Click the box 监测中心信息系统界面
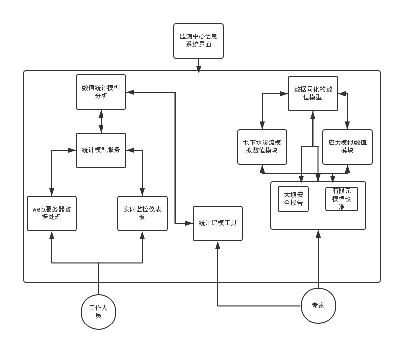(198, 41)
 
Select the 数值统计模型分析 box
(101, 92)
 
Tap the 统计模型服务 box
(101, 150)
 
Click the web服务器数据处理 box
(52, 214)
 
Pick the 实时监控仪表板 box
(142, 214)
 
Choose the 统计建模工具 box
(218, 223)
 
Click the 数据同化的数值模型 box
(313, 94)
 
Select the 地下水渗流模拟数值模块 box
(262, 147)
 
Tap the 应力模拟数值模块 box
(347, 147)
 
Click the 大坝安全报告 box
(294, 199)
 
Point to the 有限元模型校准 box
(342, 199)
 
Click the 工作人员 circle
(99, 312)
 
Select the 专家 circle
(318, 306)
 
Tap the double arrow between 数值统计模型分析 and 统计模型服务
(101, 121)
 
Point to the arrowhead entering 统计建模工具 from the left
(189, 223)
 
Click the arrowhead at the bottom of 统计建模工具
(218, 245)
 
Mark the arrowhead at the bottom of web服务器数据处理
(52, 235)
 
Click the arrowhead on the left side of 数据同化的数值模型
(284, 94)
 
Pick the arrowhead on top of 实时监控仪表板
(142, 192)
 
